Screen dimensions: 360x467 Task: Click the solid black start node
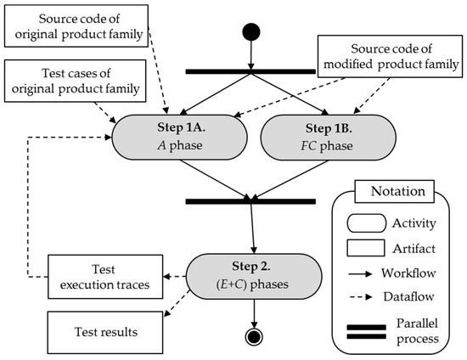tap(251, 32)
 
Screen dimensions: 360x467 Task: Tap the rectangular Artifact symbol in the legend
tap(363, 249)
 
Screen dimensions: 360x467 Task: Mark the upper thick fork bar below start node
tap(251, 71)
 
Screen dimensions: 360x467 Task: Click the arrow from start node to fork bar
tap(251, 55)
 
